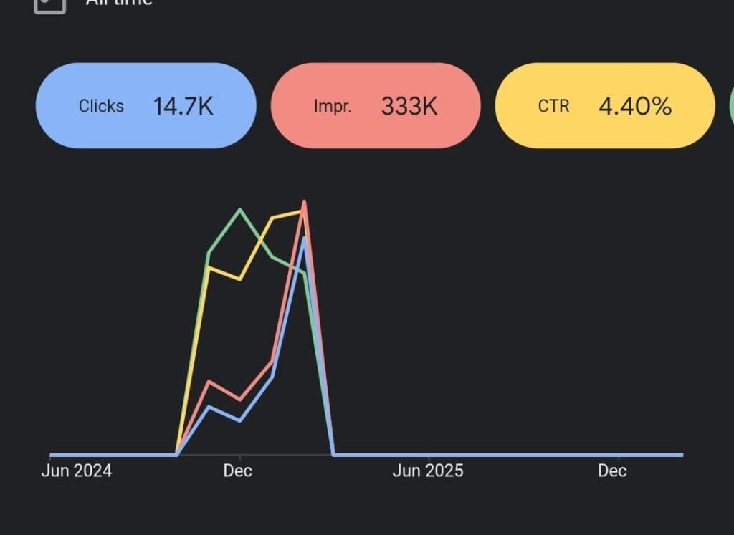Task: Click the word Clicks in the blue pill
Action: click(101, 106)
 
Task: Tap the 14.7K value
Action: click(183, 106)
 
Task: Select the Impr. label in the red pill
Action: click(333, 106)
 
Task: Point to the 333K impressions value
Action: click(409, 106)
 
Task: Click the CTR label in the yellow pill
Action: click(553, 106)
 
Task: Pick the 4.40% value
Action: click(635, 106)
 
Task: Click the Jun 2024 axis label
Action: click(77, 471)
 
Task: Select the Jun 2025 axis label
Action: click(428, 471)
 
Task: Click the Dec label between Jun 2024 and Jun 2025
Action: click(237, 471)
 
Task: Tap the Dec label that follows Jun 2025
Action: click(612, 471)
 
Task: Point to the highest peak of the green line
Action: click(240, 209)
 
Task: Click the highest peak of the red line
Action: click(305, 201)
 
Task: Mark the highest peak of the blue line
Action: click(305, 237)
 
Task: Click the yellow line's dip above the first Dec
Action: click(240, 279)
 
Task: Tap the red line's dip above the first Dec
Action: click(240, 400)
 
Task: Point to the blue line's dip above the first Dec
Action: click(240, 420)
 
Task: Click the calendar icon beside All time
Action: click(50, 4)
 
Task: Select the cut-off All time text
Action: click(118, 3)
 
